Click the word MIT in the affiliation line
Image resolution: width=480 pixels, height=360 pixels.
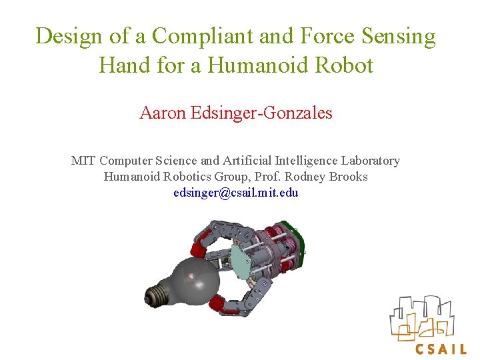pyautogui.click(x=83, y=161)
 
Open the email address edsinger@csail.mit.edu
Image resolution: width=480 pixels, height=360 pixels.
pyautogui.click(x=235, y=193)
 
